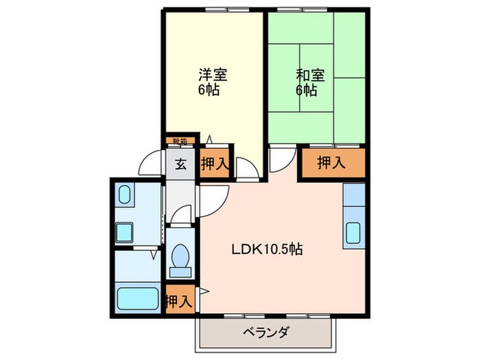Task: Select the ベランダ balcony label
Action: pyautogui.click(x=266, y=334)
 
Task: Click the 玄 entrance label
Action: pyautogui.click(x=180, y=164)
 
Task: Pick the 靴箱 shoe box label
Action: pyautogui.click(x=179, y=142)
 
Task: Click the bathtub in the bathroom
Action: pyautogui.click(x=137, y=299)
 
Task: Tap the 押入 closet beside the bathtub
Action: pyautogui.click(x=180, y=300)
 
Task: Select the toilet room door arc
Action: pyautogui.click(x=180, y=214)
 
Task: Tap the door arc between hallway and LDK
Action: pyautogui.click(x=211, y=199)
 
